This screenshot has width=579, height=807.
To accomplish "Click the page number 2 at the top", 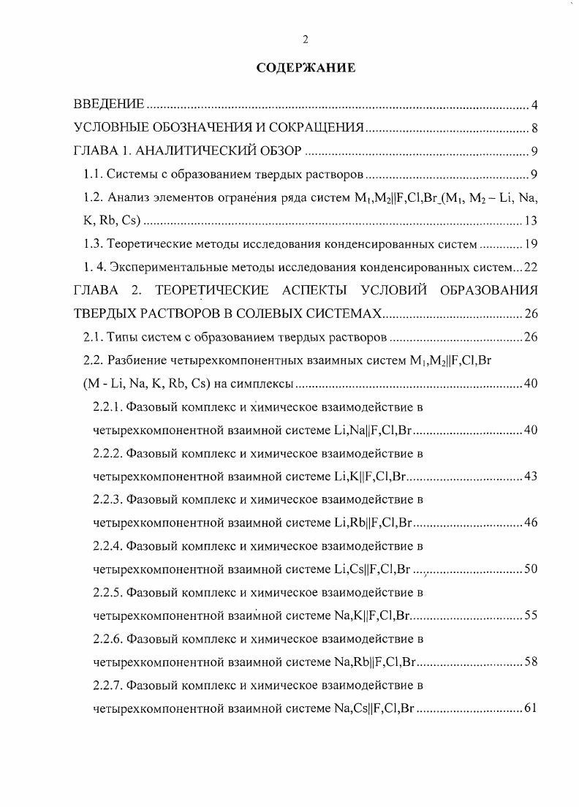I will (306, 39).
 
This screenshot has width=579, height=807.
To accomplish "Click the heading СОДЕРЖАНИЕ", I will (306, 68).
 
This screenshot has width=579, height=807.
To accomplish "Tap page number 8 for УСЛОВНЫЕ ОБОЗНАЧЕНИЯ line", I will (535, 129).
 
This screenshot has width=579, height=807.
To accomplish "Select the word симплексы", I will (265, 383).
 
